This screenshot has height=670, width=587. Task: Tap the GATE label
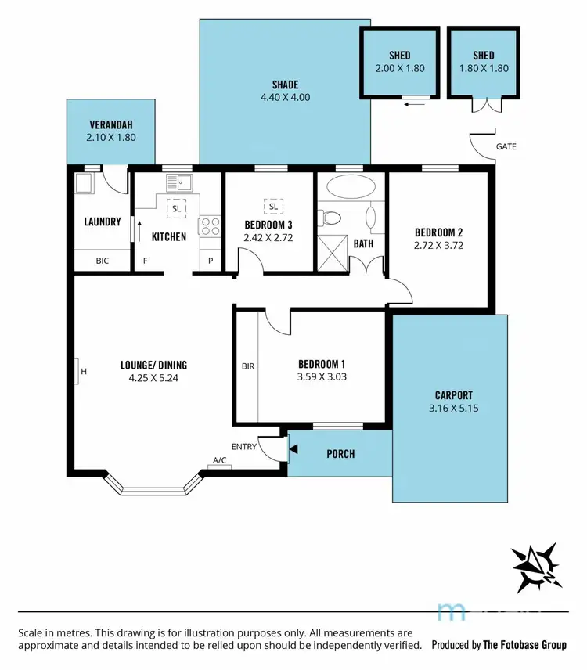point(506,146)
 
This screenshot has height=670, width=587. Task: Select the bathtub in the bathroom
point(350,186)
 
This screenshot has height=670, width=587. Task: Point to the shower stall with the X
point(333,253)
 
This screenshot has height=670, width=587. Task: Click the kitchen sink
point(180,184)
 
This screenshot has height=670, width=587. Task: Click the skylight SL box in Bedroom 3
point(274,207)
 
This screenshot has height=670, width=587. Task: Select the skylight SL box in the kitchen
point(176,209)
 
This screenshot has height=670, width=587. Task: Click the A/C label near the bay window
point(219,461)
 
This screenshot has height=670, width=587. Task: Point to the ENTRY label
point(244,447)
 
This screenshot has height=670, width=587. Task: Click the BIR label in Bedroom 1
point(247,366)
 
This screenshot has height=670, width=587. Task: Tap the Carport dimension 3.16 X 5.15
point(453,409)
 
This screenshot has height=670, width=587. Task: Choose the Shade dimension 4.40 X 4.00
point(285,99)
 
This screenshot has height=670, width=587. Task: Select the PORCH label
point(340,454)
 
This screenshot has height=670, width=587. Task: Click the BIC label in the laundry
point(102,261)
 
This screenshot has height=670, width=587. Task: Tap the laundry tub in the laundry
point(84,185)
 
